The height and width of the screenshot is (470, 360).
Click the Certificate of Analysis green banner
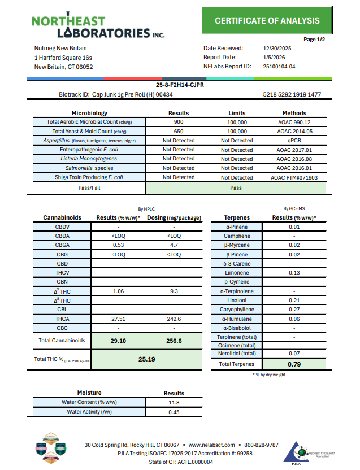(x=267, y=21)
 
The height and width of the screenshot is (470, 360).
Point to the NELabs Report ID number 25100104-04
(x=279, y=67)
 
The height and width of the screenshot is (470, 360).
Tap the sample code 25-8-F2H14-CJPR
(x=180, y=85)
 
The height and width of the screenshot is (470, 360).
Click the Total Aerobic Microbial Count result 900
(x=179, y=122)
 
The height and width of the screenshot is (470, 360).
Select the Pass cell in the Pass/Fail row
(x=237, y=188)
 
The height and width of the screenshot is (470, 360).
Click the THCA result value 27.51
(x=118, y=319)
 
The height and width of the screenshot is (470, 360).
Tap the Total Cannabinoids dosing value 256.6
(x=173, y=341)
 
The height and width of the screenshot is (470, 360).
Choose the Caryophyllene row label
(x=237, y=310)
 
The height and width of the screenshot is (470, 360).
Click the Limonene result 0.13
(x=294, y=273)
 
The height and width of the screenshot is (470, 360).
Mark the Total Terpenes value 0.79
(x=294, y=364)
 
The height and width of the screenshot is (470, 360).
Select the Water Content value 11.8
(x=174, y=402)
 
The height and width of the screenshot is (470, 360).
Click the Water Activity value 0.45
(x=174, y=412)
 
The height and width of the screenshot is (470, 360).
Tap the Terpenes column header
(x=237, y=217)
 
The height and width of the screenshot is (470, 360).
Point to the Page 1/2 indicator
(x=314, y=40)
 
